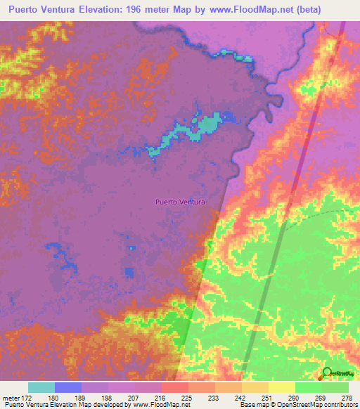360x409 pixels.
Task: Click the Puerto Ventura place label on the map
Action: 180,202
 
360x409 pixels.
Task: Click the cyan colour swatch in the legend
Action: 41,387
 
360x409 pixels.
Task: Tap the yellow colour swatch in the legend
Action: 282,387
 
